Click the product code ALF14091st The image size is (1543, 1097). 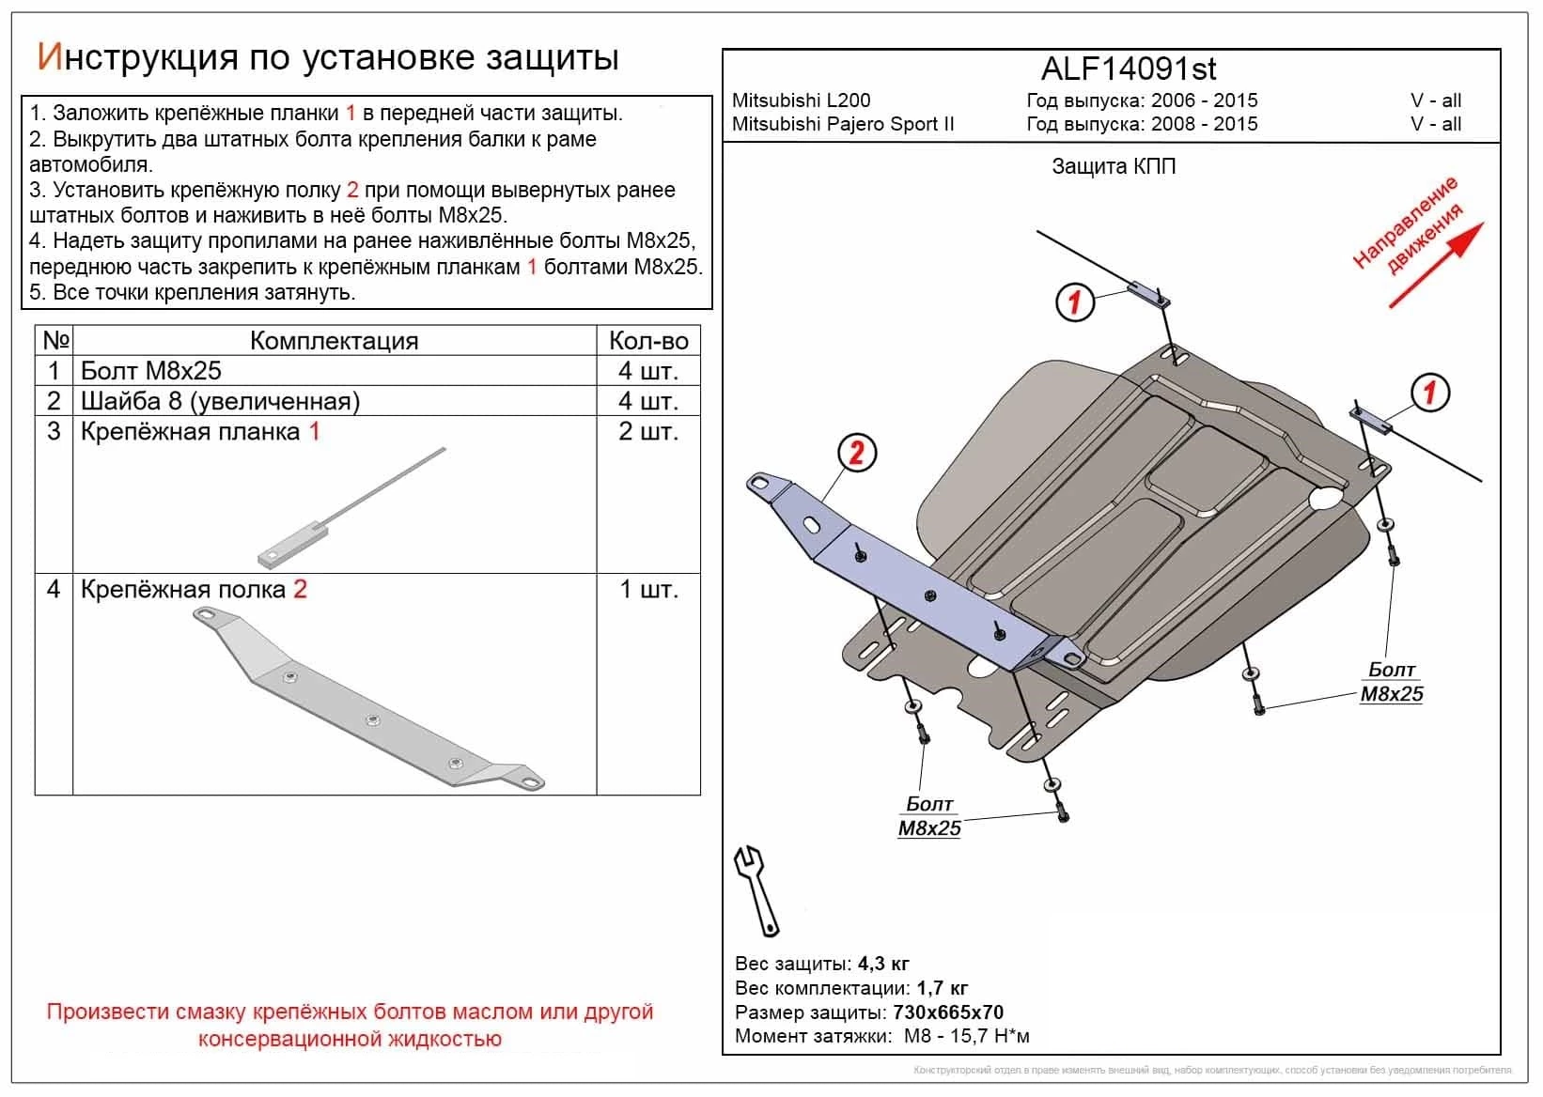coord(1129,69)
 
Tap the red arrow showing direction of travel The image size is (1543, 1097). coord(1435,265)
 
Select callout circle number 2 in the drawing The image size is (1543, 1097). coord(856,454)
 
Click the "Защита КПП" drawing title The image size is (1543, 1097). coord(1114,167)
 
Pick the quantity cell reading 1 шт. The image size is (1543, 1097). coord(648,590)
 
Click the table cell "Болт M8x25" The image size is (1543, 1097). coord(151,371)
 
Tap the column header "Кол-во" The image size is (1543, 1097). coord(648,341)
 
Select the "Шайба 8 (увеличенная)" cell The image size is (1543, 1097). coord(220,401)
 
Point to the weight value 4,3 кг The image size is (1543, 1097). coord(882,964)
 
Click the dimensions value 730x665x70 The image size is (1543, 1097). coord(947,1012)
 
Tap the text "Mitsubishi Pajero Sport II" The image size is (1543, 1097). coord(843,124)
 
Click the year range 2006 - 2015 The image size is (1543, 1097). coord(1207,100)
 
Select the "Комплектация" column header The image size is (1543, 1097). coord(334,341)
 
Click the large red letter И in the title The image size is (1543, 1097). coord(49,57)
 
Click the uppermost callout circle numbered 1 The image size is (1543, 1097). coord(1075,302)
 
